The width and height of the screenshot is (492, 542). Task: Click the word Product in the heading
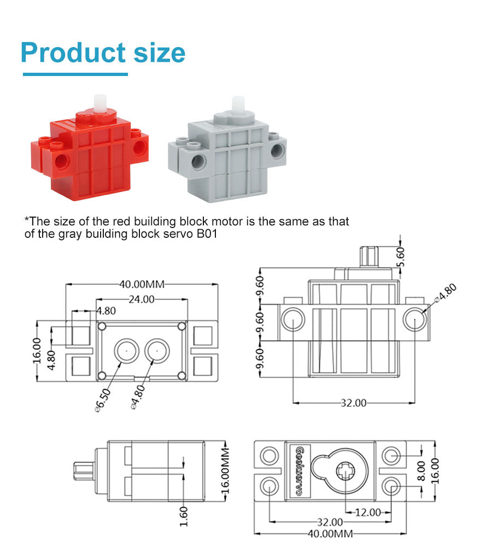click(x=73, y=53)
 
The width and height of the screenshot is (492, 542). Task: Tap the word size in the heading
click(x=160, y=53)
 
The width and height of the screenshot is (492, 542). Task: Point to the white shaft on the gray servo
click(x=238, y=105)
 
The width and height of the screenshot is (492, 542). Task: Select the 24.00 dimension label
click(x=142, y=299)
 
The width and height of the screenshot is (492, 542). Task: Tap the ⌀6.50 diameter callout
click(x=103, y=400)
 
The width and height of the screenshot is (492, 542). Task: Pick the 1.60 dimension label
click(x=184, y=516)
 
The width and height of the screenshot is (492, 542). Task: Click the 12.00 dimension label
click(x=368, y=512)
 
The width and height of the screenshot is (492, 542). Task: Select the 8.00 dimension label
click(x=421, y=471)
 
